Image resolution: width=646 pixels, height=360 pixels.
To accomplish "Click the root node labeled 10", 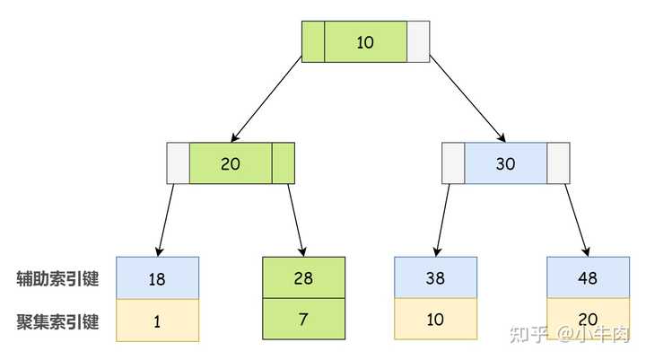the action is [x=365, y=41].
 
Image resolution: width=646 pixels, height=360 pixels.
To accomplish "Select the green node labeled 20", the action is [x=231, y=163].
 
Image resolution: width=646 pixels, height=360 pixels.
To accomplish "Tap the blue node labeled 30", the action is [x=505, y=163].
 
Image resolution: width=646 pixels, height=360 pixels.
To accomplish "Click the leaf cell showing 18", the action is [x=157, y=278].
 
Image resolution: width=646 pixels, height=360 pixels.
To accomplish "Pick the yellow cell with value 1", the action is [x=157, y=320].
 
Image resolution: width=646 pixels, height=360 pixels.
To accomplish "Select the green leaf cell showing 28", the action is [x=303, y=277].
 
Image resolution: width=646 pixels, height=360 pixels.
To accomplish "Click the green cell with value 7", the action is [x=303, y=319].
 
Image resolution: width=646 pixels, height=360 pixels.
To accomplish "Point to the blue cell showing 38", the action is [x=435, y=277].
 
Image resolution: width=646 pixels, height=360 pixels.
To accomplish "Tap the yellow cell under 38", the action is [x=435, y=319].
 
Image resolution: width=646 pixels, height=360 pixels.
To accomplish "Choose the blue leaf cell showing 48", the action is [x=588, y=277].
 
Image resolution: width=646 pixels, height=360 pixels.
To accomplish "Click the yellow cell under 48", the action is [x=588, y=319].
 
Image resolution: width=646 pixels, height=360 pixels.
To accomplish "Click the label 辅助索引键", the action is [x=57, y=279].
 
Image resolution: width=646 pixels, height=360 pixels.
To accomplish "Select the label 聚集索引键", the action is [x=57, y=321].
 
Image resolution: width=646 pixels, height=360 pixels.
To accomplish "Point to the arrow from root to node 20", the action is [x=266, y=99].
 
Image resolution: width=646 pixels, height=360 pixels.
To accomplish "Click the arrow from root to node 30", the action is [x=467, y=99].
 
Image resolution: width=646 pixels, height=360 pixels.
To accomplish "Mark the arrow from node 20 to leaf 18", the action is [x=165, y=220].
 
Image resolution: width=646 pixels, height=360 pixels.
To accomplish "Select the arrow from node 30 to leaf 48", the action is [x=577, y=220].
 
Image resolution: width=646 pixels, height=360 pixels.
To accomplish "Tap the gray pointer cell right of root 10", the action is [x=418, y=41].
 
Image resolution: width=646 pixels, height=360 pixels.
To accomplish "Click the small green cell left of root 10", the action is [x=313, y=41].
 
